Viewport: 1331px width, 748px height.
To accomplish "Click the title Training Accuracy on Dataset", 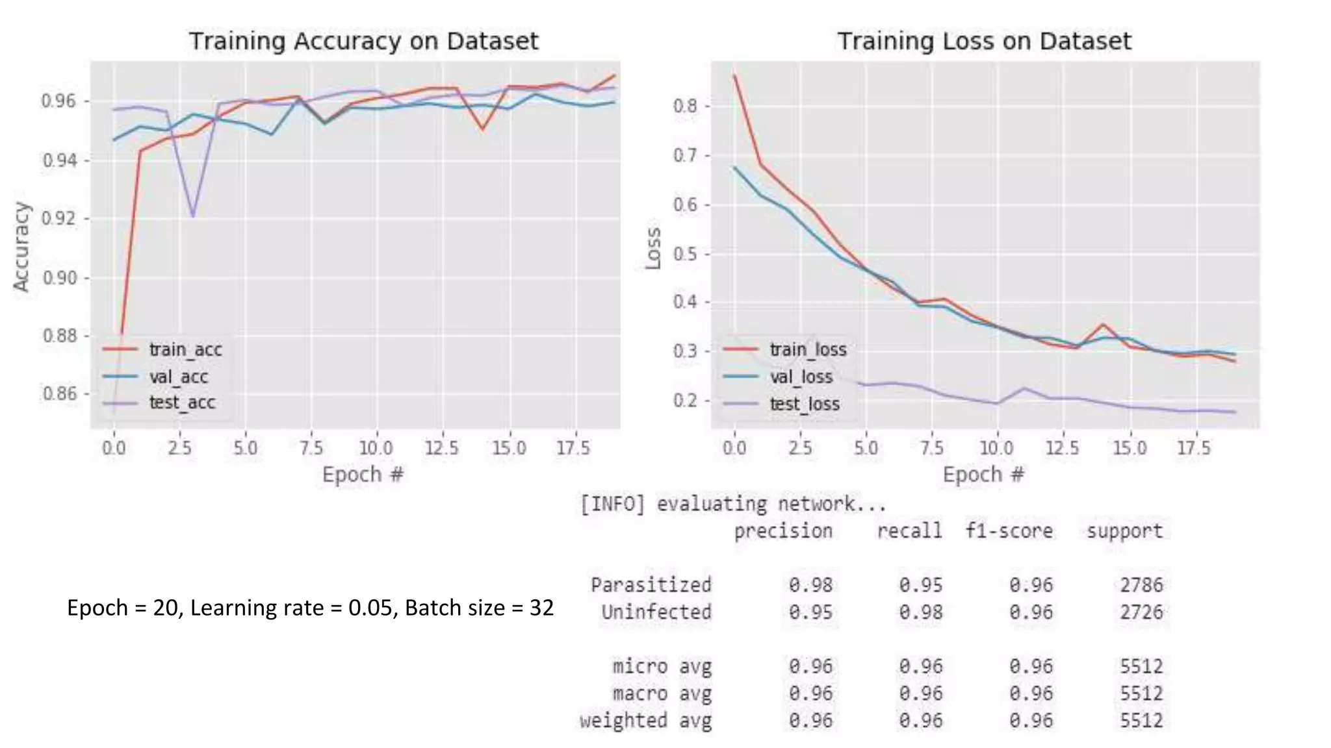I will tap(363, 42).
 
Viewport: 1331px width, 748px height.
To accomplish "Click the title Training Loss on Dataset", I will tap(984, 42).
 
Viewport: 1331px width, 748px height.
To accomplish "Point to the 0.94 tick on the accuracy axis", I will tap(59, 160).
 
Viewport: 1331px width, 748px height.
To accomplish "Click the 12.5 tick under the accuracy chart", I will tap(442, 449).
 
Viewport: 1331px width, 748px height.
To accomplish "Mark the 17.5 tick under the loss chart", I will tap(1194, 449).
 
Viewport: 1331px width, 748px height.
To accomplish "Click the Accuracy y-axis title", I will tap(22, 247).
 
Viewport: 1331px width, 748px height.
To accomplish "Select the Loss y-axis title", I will tap(653, 248).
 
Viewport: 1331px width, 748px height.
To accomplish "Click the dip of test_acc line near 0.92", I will tap(193, 216).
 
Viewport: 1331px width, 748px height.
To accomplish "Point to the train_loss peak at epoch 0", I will tap(734, 75).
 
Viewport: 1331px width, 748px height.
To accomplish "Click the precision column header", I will tap(782, 531).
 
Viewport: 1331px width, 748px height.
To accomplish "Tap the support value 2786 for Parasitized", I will tap(1141, 585).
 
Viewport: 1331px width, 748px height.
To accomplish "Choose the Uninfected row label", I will tap(656, 612).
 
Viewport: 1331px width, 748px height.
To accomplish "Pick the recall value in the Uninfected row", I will tap(920, 612).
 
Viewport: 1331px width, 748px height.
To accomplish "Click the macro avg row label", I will tap(662, 694).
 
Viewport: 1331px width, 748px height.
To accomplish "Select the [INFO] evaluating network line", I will tap(732, 504).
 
